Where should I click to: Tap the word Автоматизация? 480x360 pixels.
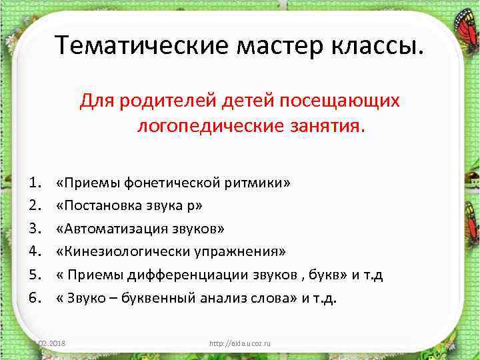point(117,229)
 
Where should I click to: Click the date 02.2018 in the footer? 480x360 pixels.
point(55,343)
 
